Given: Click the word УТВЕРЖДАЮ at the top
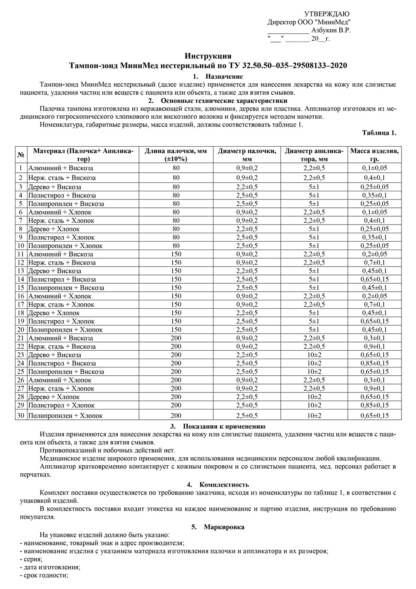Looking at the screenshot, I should (327, 14).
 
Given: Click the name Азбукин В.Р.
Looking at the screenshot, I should (331, 30).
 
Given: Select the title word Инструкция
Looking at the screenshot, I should (208, 56).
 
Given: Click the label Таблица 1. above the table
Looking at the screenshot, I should (379, 133).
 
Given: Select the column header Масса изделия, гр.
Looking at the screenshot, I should (374, 155).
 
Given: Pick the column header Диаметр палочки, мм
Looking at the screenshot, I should (247, 155).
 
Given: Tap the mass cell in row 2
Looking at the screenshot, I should (374, 178).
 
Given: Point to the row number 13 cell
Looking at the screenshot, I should (21, 271).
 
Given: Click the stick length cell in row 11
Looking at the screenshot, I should (176, 254).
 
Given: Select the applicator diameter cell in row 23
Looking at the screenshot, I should (314, 355).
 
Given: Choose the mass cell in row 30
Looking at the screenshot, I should (374, 415).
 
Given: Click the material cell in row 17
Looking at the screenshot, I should (61, 304).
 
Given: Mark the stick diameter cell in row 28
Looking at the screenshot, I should (247, 397).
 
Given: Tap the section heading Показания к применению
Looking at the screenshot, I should (224, 426).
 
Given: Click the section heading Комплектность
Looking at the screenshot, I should (224, 484).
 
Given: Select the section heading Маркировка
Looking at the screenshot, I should (224, 527).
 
